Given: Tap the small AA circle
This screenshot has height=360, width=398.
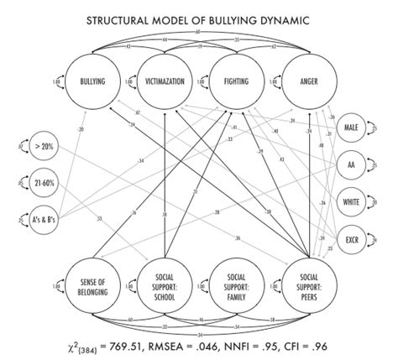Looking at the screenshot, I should click(x=353, y=165).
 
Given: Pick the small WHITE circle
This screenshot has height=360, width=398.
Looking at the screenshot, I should click(x=353, y=202).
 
